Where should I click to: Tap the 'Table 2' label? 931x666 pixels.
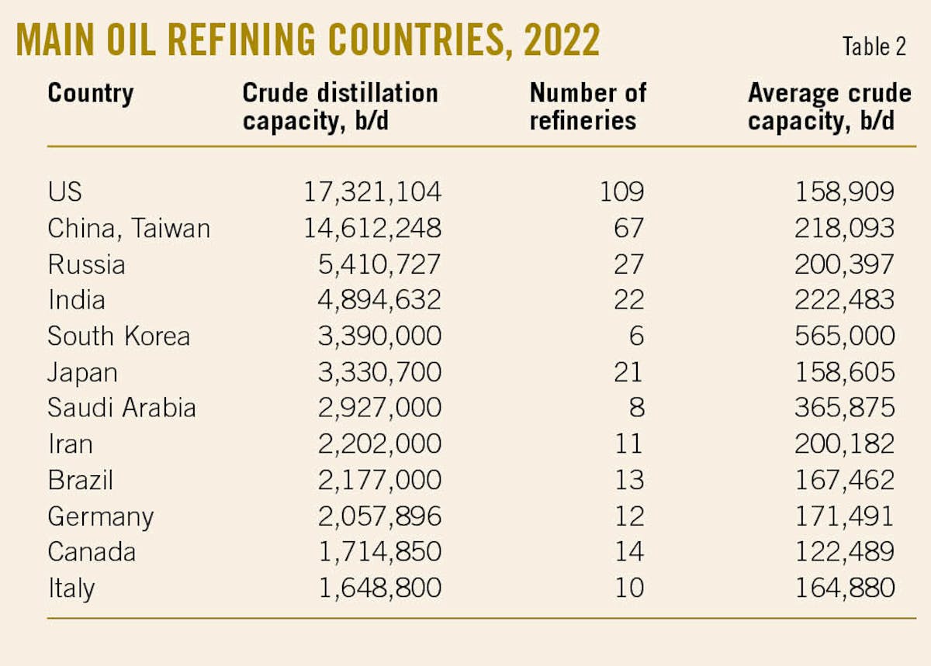coord(874,47)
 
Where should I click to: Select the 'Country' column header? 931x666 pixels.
coord(91,94)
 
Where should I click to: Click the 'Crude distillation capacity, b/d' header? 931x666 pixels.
coord(340,107)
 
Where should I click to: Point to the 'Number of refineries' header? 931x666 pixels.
coord(587,107)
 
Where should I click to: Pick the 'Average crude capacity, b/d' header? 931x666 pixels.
coord(829,107)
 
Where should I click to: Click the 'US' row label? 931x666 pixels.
coord(64,192)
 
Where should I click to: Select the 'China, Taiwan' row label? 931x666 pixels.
coord(129,229)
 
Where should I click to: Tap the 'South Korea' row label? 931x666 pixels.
coord(119,336)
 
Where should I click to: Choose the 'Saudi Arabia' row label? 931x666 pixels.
coord(122,408)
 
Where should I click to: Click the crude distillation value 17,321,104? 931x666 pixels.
coord(372,192)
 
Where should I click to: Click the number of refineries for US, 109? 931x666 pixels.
coord(621,192)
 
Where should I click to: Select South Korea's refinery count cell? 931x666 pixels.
coord(635,336)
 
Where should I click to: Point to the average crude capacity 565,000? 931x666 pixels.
coord(845,336)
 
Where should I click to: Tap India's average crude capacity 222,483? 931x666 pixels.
coord(845,300)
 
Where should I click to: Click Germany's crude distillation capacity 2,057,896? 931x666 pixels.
coord(380,516)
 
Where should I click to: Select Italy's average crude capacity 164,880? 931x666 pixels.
coord(845,588)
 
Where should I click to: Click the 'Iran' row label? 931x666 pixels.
coord(70,444)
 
